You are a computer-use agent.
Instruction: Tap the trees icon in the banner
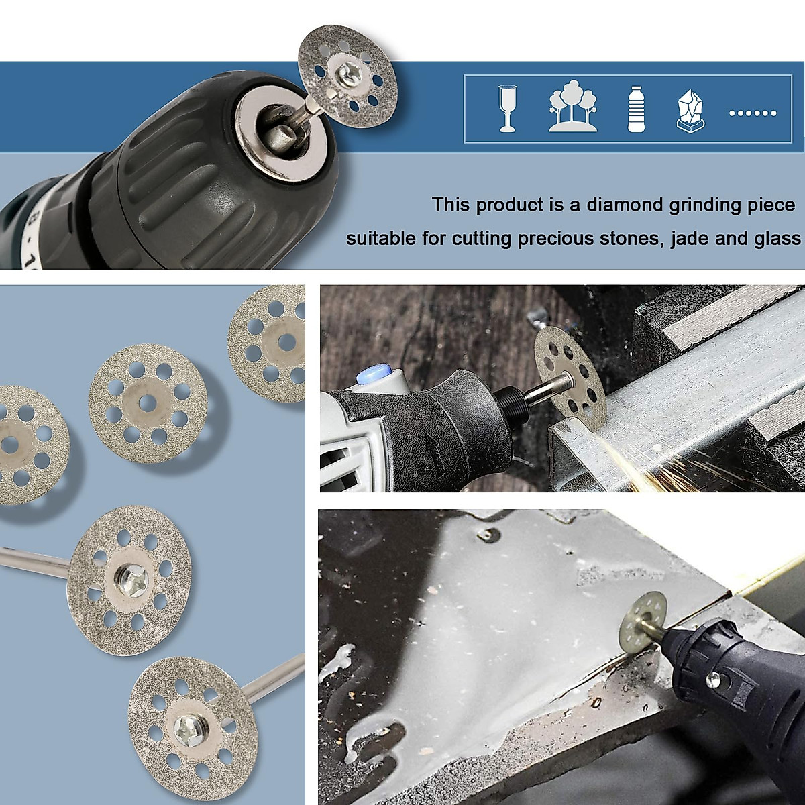(572, 107)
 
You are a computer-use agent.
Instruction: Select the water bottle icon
(635, 109)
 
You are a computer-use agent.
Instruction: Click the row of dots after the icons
(752, 113)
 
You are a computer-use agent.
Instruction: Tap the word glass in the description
(777, 239)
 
